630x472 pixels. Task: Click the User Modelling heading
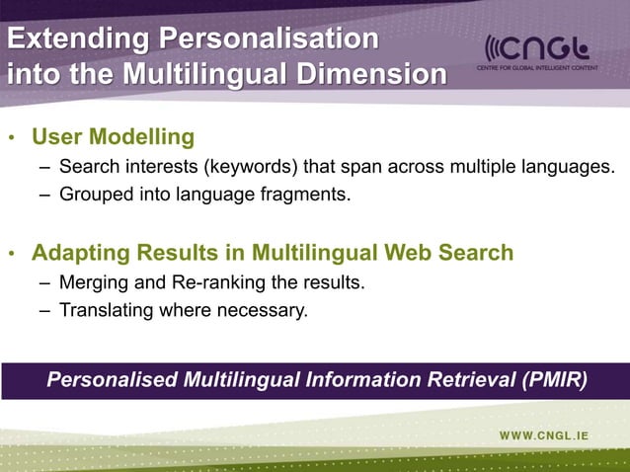pyautogui.click(x=113, y=135)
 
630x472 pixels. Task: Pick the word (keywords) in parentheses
pyautogui.click(x=248, y=165)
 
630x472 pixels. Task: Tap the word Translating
pyautogui.click(x=106, y=311)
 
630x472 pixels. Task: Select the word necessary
pyautogui.click(x=265, y=312)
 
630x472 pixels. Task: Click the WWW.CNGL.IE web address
pyautogui.click(x=556, y=434)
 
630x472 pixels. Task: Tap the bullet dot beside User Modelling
pyautogui.click(x=11, y=137)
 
